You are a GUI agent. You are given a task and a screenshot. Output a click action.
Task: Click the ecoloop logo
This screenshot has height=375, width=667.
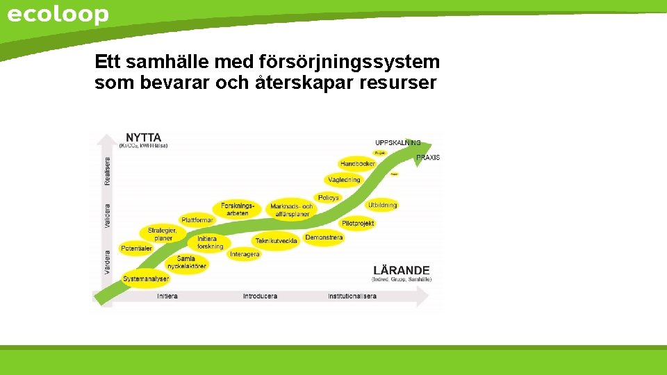click(x=58, y=15)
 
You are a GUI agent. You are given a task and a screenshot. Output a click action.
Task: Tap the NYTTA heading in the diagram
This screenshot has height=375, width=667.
click(x=143, y=137)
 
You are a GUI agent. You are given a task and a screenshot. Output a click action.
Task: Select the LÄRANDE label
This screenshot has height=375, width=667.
click(x=402, y=270)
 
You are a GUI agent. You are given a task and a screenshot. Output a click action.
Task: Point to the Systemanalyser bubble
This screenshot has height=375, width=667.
click(x=146, y=279)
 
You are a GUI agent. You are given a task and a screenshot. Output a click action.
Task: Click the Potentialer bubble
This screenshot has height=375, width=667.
click(x=136, y=248)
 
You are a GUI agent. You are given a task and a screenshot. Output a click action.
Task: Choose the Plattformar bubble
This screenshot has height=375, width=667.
click(x=197, y=220)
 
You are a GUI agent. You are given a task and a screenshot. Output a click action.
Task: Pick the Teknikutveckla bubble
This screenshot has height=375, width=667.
click(x=276, y=241)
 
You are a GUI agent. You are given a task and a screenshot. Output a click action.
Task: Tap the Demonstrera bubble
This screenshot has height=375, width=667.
click(x=324, y=237)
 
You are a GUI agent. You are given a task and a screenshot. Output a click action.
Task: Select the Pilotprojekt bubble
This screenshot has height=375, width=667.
click(x=358, y=224)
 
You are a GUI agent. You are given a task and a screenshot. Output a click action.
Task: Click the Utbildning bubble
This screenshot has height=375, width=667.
click(x=382, y=205)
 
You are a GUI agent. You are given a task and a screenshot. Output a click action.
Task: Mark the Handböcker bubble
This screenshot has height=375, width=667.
click(x=357, y=164)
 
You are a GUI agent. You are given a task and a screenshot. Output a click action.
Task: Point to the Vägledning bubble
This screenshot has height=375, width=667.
click(x=344, y=180)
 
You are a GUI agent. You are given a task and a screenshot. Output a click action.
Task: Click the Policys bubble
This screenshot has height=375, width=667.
click(x=328, y=198)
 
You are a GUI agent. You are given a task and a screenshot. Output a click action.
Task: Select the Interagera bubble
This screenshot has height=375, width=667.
click(x=245, y=254)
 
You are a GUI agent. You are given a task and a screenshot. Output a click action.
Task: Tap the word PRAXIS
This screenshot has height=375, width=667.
click(x=428, y=158)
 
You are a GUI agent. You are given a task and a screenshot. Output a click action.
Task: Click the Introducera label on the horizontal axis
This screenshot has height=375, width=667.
click(x=260, y=297)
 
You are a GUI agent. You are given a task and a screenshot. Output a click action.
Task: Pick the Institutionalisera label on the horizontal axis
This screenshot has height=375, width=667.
click(x=352, y=297)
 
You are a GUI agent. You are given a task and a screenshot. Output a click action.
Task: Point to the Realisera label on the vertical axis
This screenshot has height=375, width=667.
click(x=107, y=170)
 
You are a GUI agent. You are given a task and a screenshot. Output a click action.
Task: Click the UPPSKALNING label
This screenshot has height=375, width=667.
click(x=397, y=142)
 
